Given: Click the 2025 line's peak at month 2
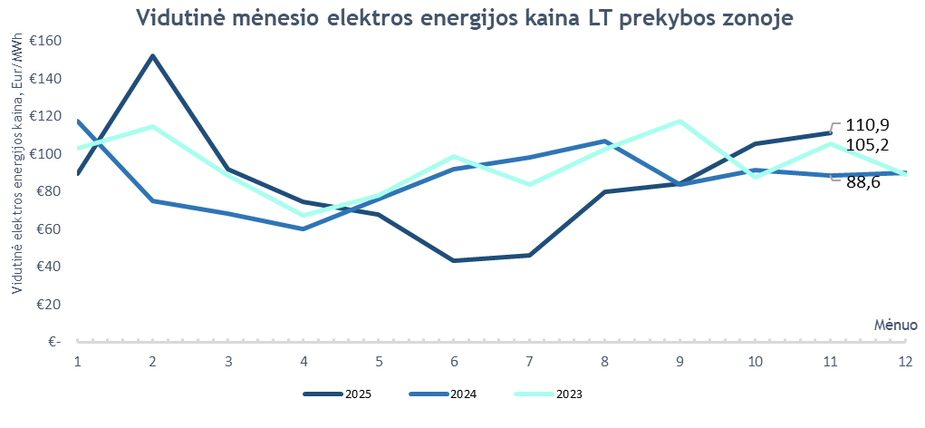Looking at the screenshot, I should [153, 56].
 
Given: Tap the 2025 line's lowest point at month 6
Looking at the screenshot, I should [454, 260].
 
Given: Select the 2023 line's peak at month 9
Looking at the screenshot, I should [679, 121].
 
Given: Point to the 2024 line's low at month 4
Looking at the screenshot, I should [304, 229].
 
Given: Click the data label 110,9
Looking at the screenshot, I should [867, 126].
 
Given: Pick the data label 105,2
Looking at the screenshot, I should [867, 145].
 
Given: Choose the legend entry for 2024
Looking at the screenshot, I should [443, 394].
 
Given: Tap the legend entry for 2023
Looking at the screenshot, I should [548, 394].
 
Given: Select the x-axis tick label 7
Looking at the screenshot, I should [529, 361].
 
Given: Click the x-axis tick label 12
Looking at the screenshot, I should [904, 361].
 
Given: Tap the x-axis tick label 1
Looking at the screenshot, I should [78, 361].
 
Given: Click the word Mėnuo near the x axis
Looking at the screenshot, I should [896, 324].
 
